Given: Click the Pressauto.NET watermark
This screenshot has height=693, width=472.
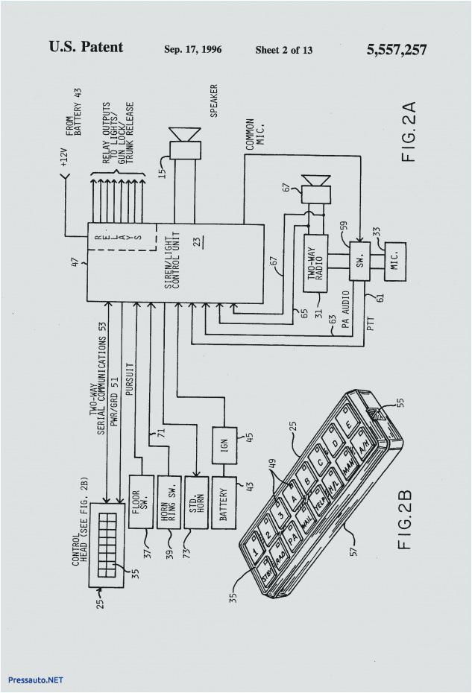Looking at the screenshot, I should point(35,680).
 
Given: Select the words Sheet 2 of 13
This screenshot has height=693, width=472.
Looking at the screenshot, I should point(283,50).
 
